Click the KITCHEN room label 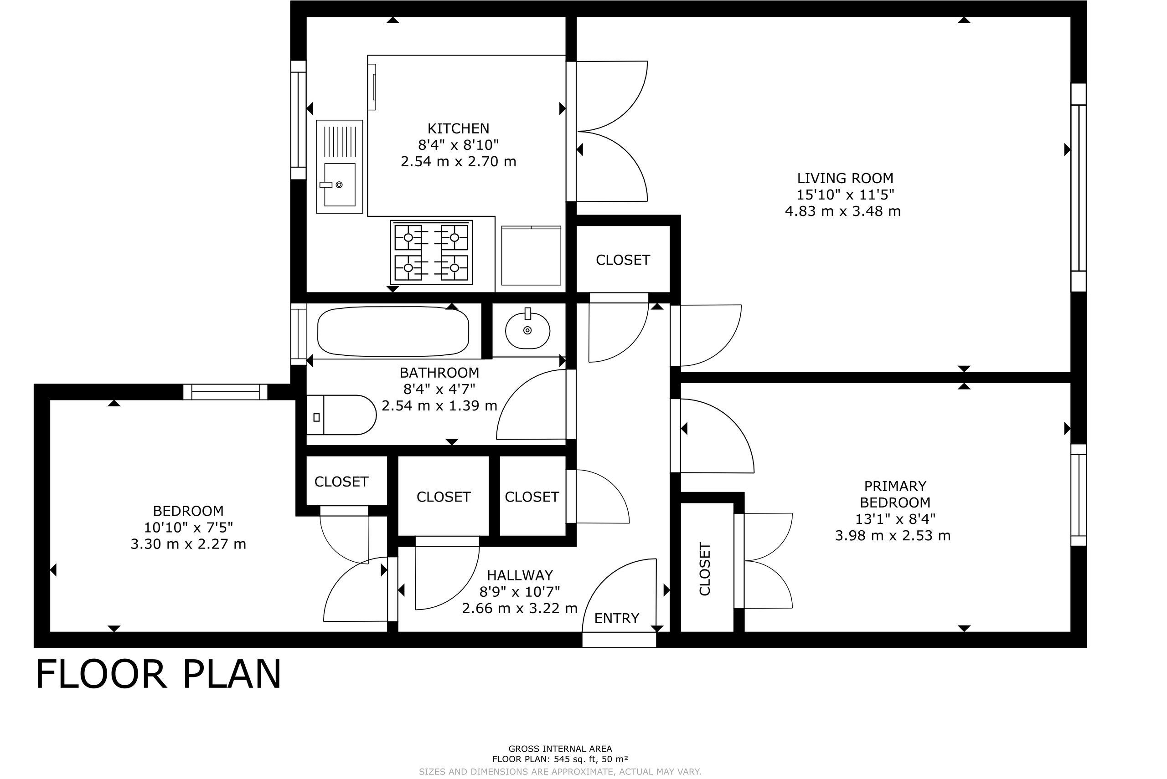tap(458, 128)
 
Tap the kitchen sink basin tap(340, 184)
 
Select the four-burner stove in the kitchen tap(431, 252)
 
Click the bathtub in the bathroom tap(392, 331)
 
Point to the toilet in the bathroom tap(341, 415)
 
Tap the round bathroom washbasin tap(527, 329)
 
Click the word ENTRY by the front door tap(617, 619)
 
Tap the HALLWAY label tap(520, 575)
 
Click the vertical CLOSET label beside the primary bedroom tap(705, 569)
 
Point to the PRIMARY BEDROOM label tap(895, 494)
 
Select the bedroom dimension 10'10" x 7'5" tap(188, 528)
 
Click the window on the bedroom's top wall tap(226, 392)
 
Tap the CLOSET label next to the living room tap(623, 260)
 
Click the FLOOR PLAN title tap(159, 674)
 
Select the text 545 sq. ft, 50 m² tap(588, 759)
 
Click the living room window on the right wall tap(1079, 188)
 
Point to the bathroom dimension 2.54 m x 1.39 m tap(439, 406)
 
